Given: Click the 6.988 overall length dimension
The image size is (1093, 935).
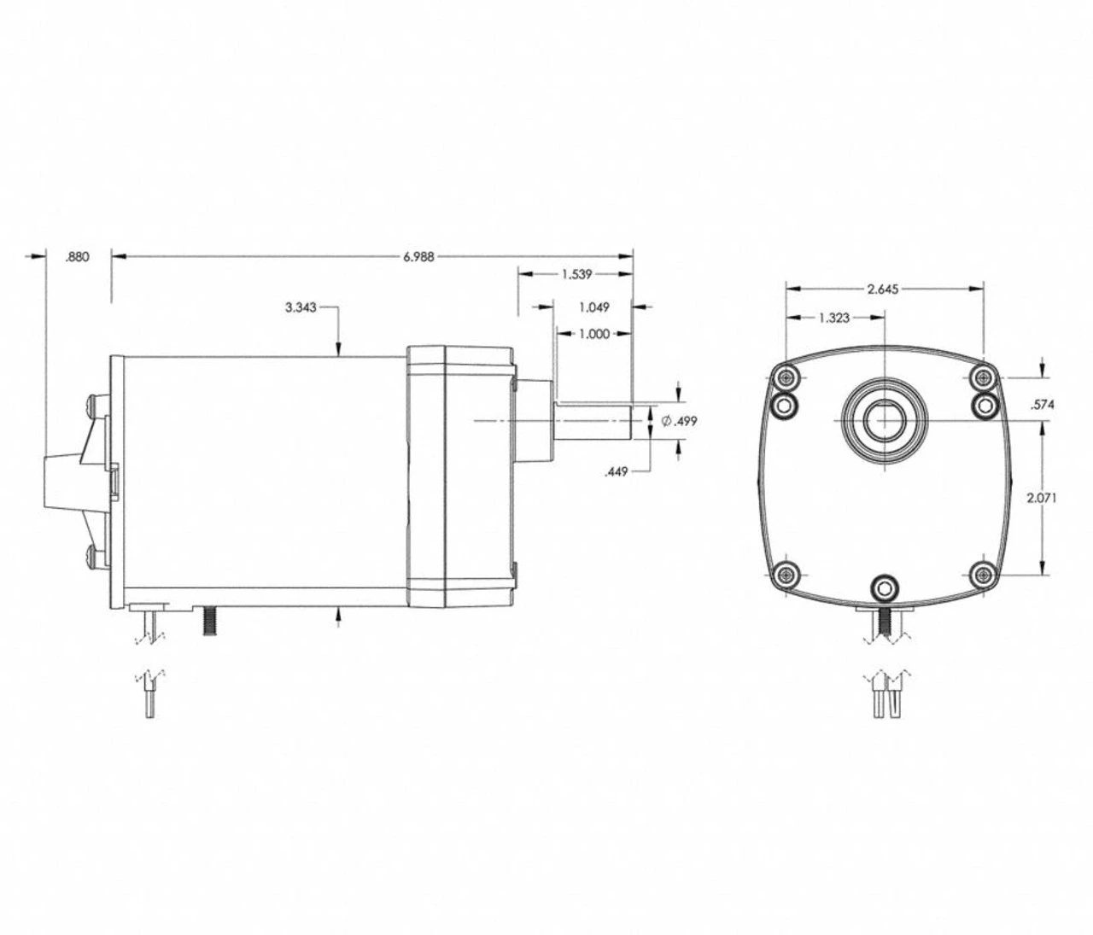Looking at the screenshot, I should (x=418, y=256).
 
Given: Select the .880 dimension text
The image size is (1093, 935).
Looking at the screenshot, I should (x=77, y=256).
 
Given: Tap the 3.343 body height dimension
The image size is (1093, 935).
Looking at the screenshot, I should (x=301, y=307).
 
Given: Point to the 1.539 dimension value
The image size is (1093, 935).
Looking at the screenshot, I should (x=576, y=274).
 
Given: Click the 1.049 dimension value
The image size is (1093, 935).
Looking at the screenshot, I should (x=593, y=307).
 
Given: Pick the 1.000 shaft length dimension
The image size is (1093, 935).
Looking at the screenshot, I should (x=594, y=334).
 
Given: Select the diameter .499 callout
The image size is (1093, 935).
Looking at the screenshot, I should (x=680, y=421).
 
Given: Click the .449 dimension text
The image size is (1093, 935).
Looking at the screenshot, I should (x=617, y=470).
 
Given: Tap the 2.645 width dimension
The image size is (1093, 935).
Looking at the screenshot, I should (x=883, y=289).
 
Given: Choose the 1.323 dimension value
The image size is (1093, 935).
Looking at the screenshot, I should (x=834, y=318).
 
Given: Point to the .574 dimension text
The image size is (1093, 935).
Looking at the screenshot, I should (x=1043, y=405).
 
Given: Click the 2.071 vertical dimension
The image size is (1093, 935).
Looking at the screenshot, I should (x=1043, y=498).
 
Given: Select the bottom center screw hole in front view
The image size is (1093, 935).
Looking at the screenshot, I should (x=884, y=588).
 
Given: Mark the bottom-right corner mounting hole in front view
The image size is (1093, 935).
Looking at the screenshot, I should (x=983, y=574).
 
